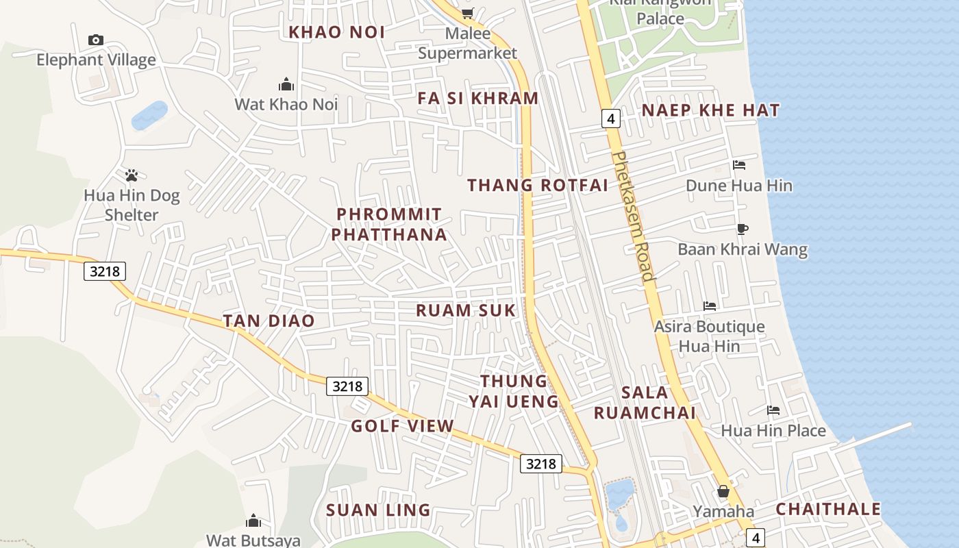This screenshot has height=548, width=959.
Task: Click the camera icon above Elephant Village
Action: tap(96, 40)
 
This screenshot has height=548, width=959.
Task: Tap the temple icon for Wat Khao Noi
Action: tap(286, 84)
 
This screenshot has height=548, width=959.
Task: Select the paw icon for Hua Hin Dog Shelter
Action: tap(132, 175)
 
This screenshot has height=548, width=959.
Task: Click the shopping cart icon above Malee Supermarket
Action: tap(468, 13)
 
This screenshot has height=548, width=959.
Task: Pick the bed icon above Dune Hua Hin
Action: tap(739, 164)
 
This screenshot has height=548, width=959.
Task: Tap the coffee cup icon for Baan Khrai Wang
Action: tap(743, 229)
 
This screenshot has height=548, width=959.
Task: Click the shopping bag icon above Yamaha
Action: tap(723, 491)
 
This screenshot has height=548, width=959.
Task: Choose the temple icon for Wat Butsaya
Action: tap(253, 521)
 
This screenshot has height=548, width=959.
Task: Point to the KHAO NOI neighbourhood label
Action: tap(336, 32)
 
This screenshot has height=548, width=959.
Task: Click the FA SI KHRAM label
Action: tap(478, 98)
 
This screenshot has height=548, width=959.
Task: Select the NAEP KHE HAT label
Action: tap(710, 110)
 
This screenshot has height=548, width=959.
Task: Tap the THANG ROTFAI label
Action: tap(538, 185)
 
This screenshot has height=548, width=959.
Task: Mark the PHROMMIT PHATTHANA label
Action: tap(389, 225)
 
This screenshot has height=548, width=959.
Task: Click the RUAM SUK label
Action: tap(465, 310)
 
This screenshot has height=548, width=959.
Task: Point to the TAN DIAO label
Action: tap(269, 321)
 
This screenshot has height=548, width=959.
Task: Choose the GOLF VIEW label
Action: tap(402, 426)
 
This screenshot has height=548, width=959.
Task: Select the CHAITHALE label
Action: tap(828, 509)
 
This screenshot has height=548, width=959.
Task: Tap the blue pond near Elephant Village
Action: tap(149, 115)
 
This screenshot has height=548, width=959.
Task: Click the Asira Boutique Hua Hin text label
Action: tap(709, 336)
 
